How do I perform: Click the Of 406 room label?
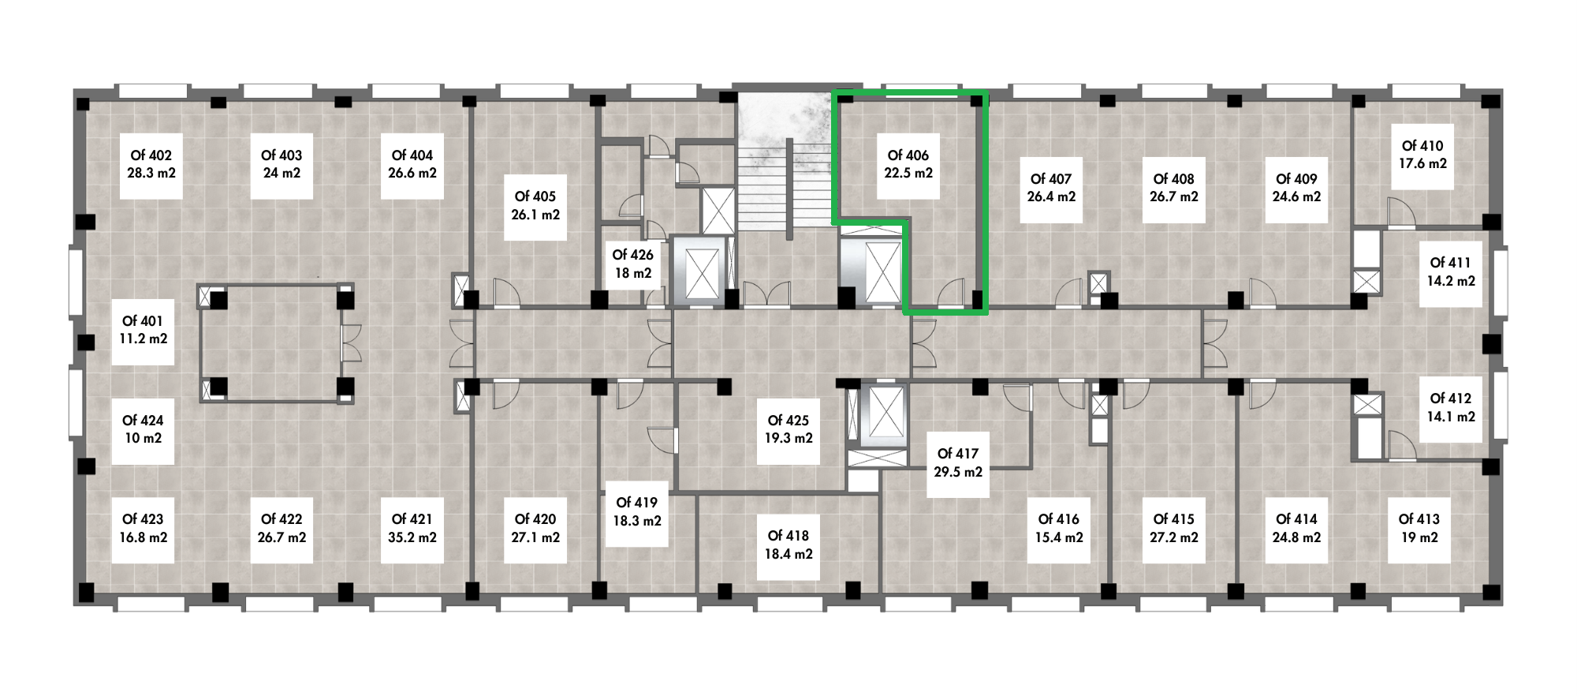pos(908,164)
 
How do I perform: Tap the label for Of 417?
pos(958,463)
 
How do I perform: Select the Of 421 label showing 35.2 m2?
pos(412,529)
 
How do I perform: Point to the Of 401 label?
pos(143,331)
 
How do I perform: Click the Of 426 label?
pos(632,264)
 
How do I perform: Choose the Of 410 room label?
pos(1422,155)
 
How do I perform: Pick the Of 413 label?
pos(1419,529)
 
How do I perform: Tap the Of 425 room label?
pos(788,430)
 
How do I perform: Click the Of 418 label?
pos(788,544)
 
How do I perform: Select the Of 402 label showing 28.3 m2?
pos(151,165)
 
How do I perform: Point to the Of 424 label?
pos(143,430)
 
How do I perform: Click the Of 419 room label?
pos(637,512)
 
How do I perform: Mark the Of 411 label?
pos(1451,272)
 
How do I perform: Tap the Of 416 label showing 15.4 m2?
pos(1059,529)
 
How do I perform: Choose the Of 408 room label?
pos(1173,189)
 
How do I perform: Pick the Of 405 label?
pos(535,206)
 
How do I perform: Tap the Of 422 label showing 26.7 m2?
pos(281,529)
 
